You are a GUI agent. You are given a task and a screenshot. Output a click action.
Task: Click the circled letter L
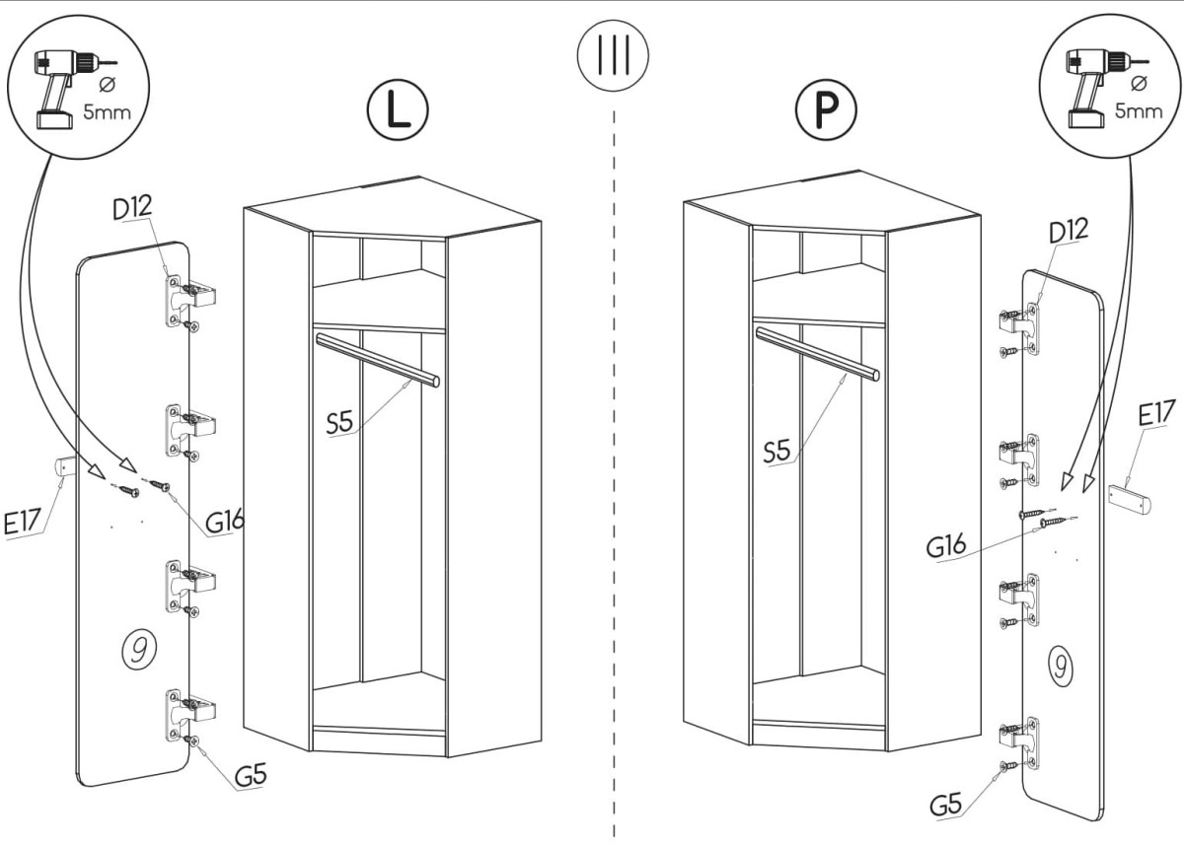398,110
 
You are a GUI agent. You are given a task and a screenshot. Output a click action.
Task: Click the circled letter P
827,111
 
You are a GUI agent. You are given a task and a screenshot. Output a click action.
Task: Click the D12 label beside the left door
132,209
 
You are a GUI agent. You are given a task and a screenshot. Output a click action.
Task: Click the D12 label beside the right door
1069,231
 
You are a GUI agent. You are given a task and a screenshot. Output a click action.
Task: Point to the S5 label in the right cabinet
777,452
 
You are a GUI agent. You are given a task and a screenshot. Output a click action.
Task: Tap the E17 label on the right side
1155,415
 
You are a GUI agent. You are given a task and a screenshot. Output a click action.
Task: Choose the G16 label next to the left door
225,521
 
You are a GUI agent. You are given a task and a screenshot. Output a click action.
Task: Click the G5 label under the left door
252,776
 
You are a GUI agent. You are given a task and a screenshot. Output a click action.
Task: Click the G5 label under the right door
946,805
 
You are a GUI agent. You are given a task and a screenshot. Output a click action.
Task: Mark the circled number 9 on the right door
1059,667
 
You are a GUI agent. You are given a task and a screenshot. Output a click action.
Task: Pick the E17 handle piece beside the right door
1130,496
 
